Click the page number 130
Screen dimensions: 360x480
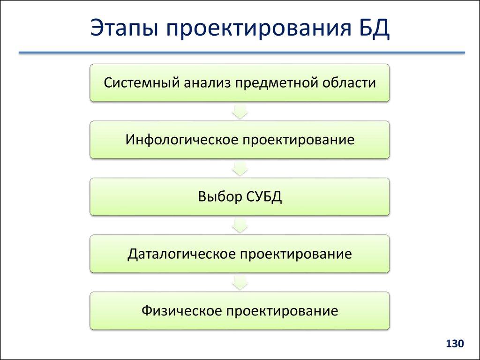(454, 344)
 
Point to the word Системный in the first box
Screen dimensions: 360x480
(140, 83)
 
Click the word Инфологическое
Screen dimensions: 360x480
(179, 140)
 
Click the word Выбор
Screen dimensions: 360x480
(218, 197)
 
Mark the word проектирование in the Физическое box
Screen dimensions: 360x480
(281, 311)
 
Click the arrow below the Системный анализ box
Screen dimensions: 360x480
(240, 111)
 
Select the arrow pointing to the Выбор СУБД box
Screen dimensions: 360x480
(240, 168)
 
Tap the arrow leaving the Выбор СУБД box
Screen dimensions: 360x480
(240, 225)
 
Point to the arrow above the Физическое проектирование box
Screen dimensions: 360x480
(240, 283)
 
